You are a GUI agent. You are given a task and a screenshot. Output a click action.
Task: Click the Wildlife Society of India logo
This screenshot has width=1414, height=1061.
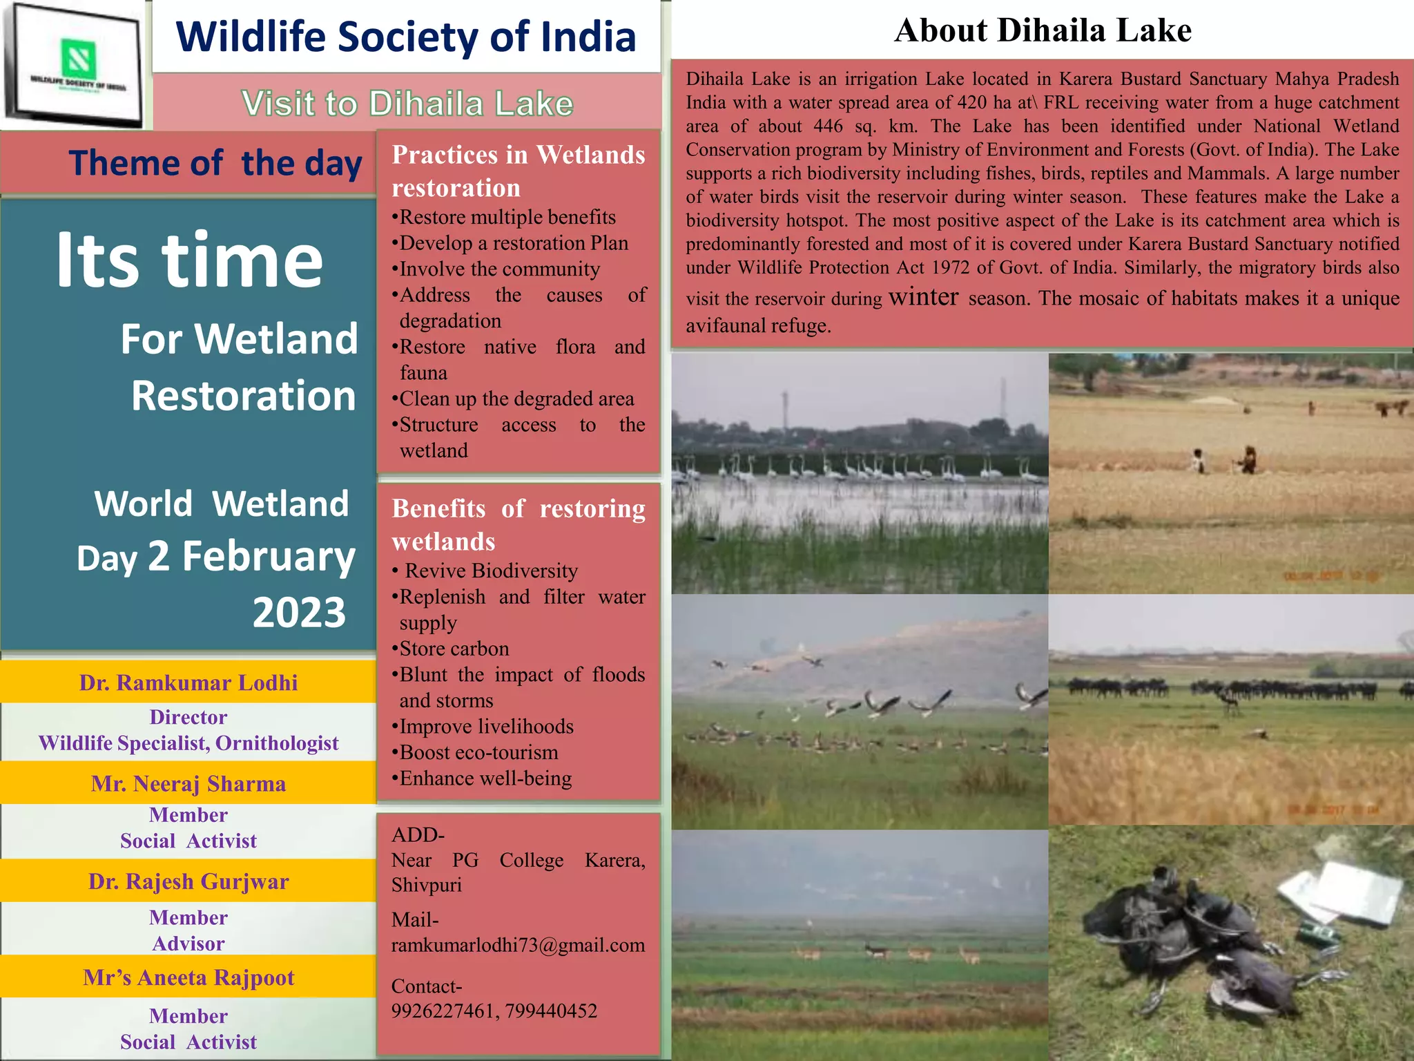pyautogui.click(x=75, y=66)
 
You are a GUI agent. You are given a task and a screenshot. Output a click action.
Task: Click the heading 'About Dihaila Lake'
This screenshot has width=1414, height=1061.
pyautogui.click(x=1043, y=30)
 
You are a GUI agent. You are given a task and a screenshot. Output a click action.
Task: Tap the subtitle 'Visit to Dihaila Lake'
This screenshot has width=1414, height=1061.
pyautogui.click(x=407, y=104)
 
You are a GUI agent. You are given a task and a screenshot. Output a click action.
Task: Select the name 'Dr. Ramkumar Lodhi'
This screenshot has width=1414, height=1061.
pyautogui.click(x=188, y=682)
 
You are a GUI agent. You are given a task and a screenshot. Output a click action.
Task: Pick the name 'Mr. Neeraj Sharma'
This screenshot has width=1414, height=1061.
pyautogui.click(x=188, y=784)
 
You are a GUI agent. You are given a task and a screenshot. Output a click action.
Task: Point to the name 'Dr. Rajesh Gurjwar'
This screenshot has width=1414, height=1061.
pyautogui.click(x=188, y=881)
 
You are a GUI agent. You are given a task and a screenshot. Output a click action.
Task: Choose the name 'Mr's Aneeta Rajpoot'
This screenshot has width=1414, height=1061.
pyautogui.click(x=188, y=977)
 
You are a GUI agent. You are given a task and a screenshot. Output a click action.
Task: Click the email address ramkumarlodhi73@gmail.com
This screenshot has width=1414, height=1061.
pyautogui.click(x=518, y=945)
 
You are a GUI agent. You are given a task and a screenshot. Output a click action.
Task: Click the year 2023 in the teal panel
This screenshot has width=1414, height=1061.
pyautogui.click(x=299, y=612)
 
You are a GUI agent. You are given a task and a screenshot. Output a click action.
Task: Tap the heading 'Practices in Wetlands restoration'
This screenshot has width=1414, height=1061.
pyautogui.click(x=518, y=171)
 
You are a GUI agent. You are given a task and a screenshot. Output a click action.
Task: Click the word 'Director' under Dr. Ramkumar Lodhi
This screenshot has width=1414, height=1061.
pyautogui.click(x=188, y=717)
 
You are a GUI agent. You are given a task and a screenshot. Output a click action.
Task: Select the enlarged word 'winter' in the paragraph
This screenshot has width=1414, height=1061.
pyautogui.click(x=924, y=296)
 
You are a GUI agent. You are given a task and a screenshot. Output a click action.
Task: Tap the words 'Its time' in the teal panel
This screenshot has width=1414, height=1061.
pyautogui.click(x=190, y=260)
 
